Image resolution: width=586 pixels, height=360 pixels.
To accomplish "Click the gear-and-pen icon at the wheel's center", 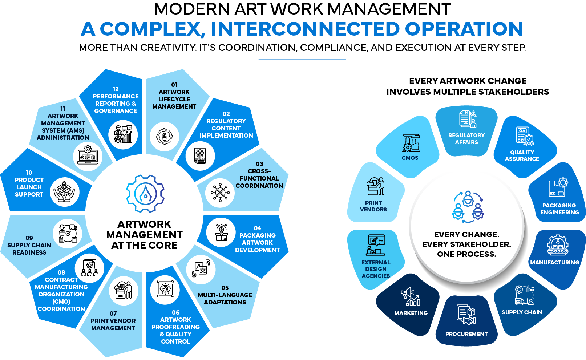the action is click(x=145, y=194).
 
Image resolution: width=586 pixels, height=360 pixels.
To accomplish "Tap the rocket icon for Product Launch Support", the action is click(x=64, y=192).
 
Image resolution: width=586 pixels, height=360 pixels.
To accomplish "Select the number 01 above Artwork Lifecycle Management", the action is click(x=174, y=85).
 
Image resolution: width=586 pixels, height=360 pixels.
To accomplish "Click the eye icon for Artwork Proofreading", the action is click(x=165, y=289).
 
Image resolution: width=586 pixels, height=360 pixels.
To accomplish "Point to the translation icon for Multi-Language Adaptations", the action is click(x=201, y=268).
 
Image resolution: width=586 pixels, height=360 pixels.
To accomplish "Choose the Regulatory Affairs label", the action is click(x=466, y=139).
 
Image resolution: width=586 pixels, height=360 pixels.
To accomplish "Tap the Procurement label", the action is click(x=466, y=334).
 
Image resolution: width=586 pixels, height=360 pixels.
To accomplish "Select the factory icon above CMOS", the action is click(x=411, y=143).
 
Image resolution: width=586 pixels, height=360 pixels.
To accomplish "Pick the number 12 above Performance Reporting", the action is click(x=116, y=89).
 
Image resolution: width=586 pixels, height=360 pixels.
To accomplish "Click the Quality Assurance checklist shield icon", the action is click(x=525, y=136).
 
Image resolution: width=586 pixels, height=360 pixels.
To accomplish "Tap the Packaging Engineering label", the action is click(x=560, y=209).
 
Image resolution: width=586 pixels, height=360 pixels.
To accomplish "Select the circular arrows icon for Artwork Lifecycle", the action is click(x=165, y=136).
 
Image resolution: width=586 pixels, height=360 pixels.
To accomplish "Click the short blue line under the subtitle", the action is click(x=302, y=60).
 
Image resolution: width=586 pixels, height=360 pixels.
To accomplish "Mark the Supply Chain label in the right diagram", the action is click(x=522, y=312).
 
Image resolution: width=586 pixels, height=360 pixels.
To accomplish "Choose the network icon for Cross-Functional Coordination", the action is click(x=220, y=193).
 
